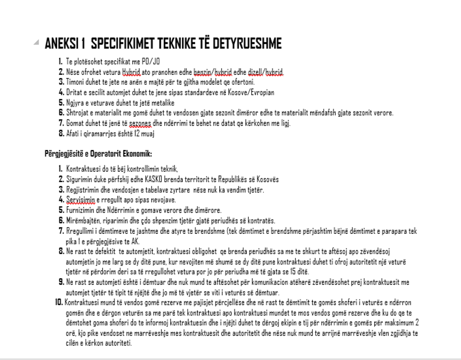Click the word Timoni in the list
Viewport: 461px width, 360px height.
75,82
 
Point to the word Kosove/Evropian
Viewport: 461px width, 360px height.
254,92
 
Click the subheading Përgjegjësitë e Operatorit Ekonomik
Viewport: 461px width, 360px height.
98,154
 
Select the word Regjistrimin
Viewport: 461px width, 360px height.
81,190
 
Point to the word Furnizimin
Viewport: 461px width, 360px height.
79,210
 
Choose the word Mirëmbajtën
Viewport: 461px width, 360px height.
81,221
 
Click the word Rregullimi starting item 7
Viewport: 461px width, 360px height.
80,231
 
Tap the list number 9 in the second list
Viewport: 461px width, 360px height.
61,281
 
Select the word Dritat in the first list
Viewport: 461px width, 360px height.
74,92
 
